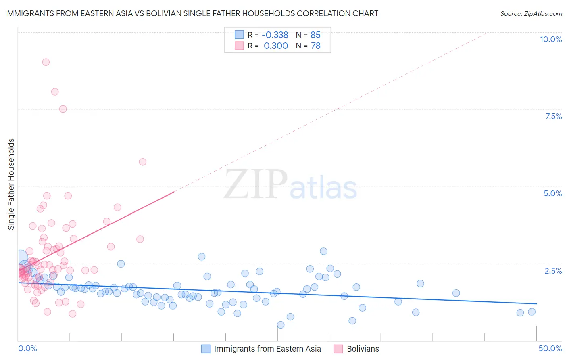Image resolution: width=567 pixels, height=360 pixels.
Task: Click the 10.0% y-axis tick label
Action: click(x=550, y=39)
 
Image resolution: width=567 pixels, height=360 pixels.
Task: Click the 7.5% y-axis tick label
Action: click(x=553, y=116)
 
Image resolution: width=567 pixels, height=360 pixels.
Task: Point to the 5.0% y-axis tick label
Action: click(x=552, y=193)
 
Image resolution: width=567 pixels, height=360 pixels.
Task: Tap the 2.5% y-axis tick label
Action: click(x=553, y=271)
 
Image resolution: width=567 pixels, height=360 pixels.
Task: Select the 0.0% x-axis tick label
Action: click(x=27, y=348)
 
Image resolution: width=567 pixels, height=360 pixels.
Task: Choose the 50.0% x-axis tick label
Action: click(x=550, y=348)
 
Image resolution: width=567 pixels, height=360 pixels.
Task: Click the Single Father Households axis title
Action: click(x=11, y=184)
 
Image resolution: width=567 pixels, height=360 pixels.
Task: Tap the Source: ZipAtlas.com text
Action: click(x=531, y=13)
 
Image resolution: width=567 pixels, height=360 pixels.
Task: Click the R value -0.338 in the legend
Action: click(x=275, y=35)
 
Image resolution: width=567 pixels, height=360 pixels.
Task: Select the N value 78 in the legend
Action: click(x=315, y=46)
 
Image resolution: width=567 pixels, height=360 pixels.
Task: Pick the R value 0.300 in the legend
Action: click(x=276, y=46)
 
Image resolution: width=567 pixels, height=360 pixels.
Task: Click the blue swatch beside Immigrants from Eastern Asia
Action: click(x=206, y=349)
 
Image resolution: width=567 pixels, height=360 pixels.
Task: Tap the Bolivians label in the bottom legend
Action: click(x=363, y=349)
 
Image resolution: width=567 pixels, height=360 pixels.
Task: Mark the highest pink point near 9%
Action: click(x=46, y=62)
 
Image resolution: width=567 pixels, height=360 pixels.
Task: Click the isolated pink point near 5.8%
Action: click(x=142, y=162)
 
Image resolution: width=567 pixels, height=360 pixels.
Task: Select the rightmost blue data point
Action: click(x=532, y=312)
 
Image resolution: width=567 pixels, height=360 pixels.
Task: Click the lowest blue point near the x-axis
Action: click(x=281, y=325)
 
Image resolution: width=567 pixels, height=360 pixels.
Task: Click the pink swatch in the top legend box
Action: click(x=239, y=46)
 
